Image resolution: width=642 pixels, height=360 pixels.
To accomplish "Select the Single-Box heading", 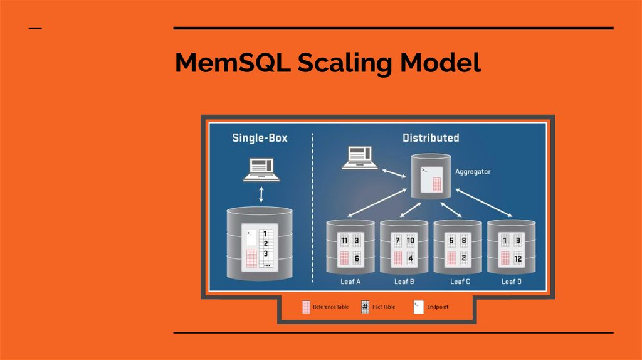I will (x=260, y=137).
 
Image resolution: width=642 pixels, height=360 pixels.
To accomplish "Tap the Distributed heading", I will (x=430, y=137).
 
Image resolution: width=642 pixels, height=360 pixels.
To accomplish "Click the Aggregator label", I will (x=473, y=171).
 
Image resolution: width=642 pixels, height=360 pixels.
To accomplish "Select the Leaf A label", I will (x=350, y=282).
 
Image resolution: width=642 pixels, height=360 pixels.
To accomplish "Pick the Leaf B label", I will (x=404, y=282).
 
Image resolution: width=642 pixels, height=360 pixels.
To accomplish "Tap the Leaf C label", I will (x=460, y=282).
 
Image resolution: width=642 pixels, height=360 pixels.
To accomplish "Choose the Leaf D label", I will (x=512, y=282).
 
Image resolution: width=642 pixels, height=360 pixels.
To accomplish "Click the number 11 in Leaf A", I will (x=344, y=241).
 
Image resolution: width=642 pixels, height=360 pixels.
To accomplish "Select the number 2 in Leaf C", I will (x=464, y=258).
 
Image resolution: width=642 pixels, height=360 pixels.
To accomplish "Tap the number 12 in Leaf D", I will (x=518, y=258).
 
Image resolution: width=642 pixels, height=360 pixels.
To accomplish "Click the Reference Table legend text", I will (x=330, y=307).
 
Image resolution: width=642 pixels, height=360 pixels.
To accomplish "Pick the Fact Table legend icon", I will (x=365, y=307).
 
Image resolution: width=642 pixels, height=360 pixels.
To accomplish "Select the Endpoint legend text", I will (x=438, y=307).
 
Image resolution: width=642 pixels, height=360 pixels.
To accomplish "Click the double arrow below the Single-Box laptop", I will (x=261, y=195).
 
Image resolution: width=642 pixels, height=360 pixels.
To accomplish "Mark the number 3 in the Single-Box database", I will (x=266, y=253).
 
